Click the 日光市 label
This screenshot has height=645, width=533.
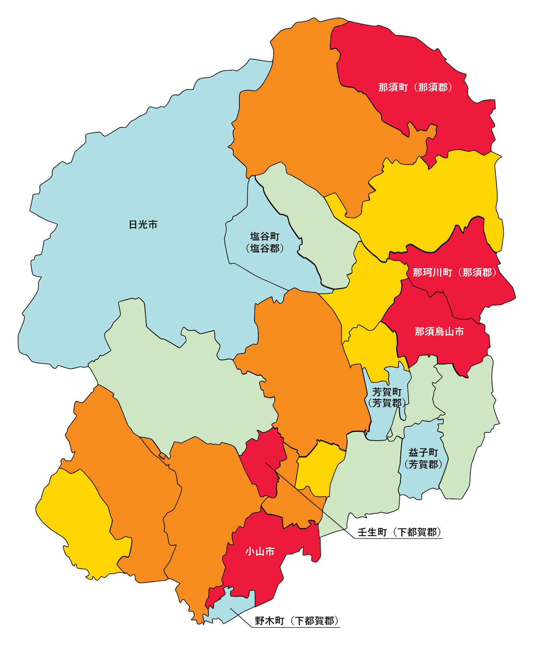coord(143,225)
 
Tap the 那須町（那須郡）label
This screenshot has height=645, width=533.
coord(416,88)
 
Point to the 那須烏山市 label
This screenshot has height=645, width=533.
coord(439,331)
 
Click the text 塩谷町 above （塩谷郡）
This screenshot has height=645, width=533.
coord(265,236)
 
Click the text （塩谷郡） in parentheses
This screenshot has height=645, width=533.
coord(265,248)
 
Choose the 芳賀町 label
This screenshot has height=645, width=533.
coord(387,392)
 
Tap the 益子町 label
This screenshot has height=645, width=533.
coord(423,453)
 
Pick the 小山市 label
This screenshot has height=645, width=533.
coord(260,551)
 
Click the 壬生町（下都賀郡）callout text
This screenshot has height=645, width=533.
coord(399,532)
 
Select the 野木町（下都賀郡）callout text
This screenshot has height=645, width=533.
coord(297,621)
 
